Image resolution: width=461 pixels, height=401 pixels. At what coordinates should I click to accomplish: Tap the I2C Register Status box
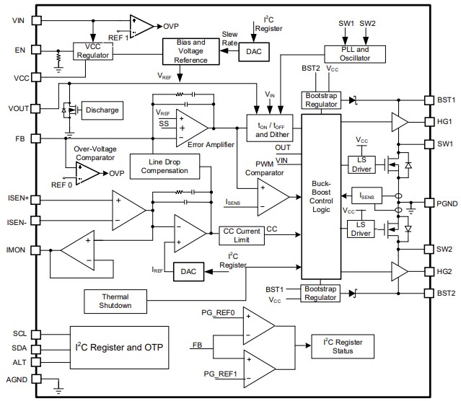(x=343, y=347)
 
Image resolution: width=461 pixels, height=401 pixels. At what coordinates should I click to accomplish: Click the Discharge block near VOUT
(x=102, y=110)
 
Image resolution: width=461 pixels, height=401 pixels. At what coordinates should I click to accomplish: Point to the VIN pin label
(x=19, y=19)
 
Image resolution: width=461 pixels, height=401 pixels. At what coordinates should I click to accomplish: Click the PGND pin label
(x=445, y=203)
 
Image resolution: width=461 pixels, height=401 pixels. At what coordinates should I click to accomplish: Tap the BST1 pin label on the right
(x=445, y=100)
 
